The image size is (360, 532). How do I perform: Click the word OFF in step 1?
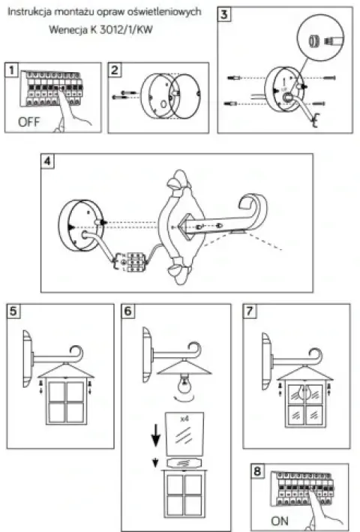[x=28, y=122]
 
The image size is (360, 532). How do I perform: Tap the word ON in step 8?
[x=280, y=521]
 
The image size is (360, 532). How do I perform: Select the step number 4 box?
[x=47, y=161]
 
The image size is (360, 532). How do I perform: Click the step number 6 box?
[x=128, y=311]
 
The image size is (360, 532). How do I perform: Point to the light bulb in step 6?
[x=184, y=383]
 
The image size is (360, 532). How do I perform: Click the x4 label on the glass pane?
[x=184, y=419]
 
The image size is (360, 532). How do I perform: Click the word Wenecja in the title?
[x=68, y=29]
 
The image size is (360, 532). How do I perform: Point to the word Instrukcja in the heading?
[x=29, y=11]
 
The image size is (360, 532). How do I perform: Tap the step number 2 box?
[x=115, y=71]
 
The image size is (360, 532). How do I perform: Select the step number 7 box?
[x=250, y=311]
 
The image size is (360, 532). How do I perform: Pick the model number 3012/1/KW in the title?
[x=126, y=29]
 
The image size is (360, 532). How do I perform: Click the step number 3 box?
[x=224, y=14]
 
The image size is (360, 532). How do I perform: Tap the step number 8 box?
[x=257, y=470]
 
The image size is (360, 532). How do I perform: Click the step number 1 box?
[x=12, y=71]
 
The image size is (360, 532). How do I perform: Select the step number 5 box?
[x=13, y=311]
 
